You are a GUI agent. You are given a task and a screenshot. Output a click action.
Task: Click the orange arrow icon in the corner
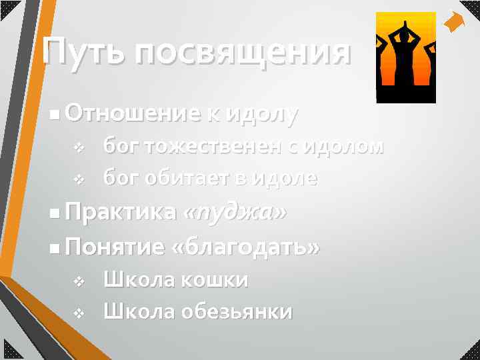[x=455, y=23]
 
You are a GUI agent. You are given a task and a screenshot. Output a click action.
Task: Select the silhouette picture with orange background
[x=405, y=57]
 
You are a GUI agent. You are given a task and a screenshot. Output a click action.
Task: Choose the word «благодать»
[x=245, y=247]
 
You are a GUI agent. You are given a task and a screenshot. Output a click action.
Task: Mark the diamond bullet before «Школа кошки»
[x=78, y=281]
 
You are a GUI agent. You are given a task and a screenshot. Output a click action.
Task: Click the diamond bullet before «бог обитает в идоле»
[x=78, y=179]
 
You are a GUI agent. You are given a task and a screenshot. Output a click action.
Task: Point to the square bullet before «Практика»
[x=53, y=213]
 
